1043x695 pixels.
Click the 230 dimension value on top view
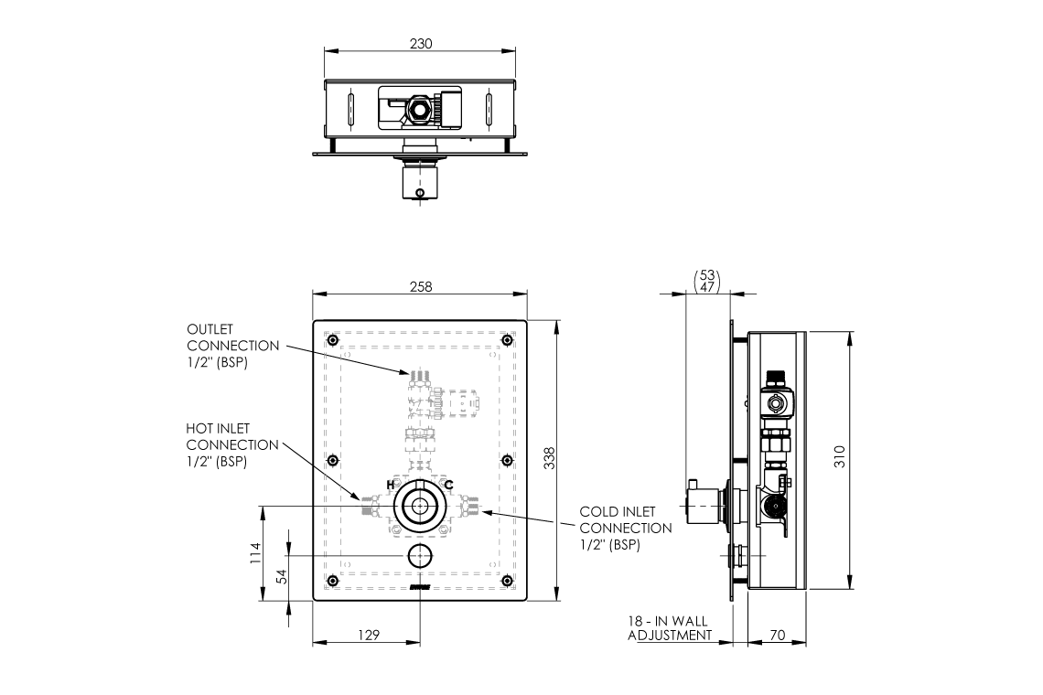click(x=421, y=43)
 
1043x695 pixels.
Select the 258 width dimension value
click(x=420, y=286)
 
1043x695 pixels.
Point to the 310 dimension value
click(x=840, y=455)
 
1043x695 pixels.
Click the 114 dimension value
click(x=255, y=553)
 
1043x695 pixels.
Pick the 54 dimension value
click(x=282, y=577)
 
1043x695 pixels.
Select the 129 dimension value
click(x=367, y=634)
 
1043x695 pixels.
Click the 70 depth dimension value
click(x=777, y=633)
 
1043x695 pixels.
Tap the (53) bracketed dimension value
click(x=706, y=274)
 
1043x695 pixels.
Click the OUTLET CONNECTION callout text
click(x=233, y=345)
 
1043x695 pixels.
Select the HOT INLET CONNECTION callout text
click(x=232, y=444)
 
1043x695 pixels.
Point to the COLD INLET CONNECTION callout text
click(x=626, y=528)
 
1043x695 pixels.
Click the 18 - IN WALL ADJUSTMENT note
click(x=669, y=627)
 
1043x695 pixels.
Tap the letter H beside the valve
click(x=391, y=484)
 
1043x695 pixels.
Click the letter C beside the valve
click(x=448, y=484)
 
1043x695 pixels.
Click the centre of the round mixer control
click(x=419, y=505)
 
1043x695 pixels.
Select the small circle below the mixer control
click(x=419, y=554)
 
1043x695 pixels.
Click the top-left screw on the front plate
click(x=332, y=341)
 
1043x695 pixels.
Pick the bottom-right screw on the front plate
click(x=507, y=581)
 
